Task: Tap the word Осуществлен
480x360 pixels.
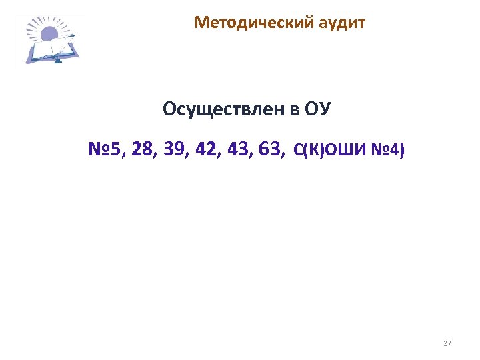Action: point(223,109)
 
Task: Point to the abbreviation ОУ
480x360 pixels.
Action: point(317,109)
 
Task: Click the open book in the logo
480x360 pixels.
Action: point(53,49)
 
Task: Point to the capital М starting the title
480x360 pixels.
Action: point(201,24)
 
